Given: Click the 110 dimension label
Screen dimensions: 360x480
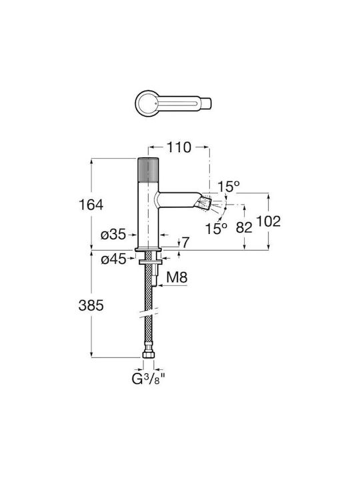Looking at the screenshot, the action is pyautogui.click(x=179, y=147).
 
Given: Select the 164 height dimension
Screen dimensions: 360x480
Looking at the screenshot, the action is pyautogui.click(x=91, y=205).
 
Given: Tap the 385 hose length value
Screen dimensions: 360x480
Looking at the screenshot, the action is pyautogui.click(x=91, y=305).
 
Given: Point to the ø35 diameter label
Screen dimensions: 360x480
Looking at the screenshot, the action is pyautogui.click(x=113, y=235).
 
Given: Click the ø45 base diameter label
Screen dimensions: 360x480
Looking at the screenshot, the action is pyautogui.click(x=113, y=259).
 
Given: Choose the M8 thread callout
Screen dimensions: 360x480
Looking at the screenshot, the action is pyautogui.click(x=177, y=277).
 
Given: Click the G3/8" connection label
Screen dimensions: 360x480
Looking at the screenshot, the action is pyautogui.click(x=149, y=379).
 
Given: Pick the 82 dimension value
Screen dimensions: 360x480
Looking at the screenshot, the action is pyautogui.click(x=244, y=227).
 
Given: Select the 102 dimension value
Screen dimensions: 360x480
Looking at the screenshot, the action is pyautogui.click(x=268, y=221).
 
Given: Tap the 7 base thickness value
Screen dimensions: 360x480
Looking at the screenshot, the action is pyautogui.click(x=185, y=243).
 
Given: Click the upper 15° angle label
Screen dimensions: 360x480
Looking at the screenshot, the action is pyautogui.click(x=229, y=187).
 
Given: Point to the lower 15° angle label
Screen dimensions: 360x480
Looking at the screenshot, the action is pyautogui.click(x=216, y=229).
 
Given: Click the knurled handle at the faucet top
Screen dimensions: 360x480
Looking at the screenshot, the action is pyautogui.click(x=149, y=169).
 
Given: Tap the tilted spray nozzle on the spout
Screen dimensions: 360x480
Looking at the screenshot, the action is pyautogui.click(x=205, y=203).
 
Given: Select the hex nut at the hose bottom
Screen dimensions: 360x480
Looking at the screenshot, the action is pyautogui.click(x=149, y=355).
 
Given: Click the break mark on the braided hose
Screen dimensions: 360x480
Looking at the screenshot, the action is pyautogui.click(x=149, y=313).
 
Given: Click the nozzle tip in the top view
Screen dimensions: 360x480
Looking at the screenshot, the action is pyautogui.click(x=206, y=103).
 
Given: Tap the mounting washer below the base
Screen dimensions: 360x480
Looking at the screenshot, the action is pyautogui.click(x=150, y=263).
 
